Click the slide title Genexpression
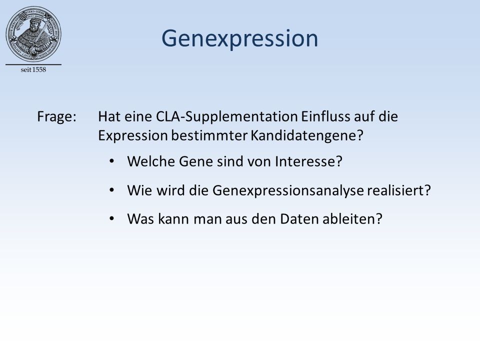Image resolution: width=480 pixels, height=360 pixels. click(x=239, y=39)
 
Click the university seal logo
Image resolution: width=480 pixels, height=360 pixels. click(x=33, y=33)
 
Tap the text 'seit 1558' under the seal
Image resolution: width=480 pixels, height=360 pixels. click(x=33, y=70)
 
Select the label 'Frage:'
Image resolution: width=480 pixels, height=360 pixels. click(x=56, y=117)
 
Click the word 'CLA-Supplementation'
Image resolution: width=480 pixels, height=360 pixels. click(x=227, y=116)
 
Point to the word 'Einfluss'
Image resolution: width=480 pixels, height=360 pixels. click(x=325, y=116)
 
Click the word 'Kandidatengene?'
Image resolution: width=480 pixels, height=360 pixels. click(x=307, y=135)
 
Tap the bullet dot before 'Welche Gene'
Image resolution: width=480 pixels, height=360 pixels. click(x=111, y=161)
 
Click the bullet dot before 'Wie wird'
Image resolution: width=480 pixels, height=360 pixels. click(x=111, y=190)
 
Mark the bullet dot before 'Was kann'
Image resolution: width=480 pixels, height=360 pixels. click(x=111, y=218)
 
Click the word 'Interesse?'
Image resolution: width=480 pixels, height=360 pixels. click(x=308, y=161)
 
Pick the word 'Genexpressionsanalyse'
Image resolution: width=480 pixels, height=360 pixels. click(x=288, y=190)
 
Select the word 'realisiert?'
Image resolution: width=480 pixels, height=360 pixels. click(x=399, y=190)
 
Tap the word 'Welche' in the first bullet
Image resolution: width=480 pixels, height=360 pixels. click(x=151, y=161)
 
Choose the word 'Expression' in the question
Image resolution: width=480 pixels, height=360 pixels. click(x=133, y=136)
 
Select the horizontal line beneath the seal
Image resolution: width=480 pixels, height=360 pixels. click(x=33, y=64)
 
